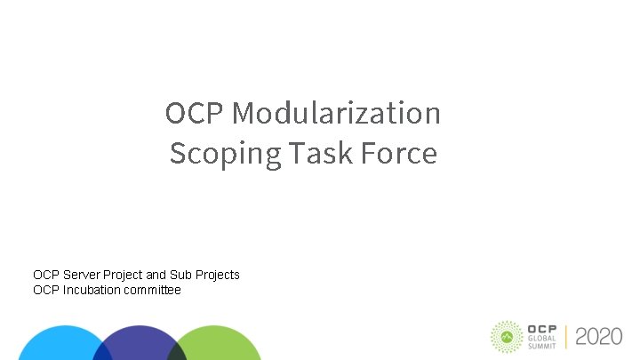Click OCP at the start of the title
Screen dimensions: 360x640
click(195, 114)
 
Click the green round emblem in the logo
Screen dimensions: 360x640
click(507, 336)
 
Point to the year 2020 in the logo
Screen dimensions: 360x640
click(599, 336)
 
